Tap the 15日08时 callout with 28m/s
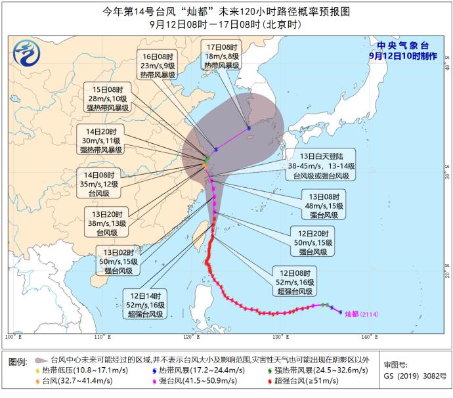coord(113,98)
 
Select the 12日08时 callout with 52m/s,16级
coord(295,281)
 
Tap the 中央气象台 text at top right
coord(402,45)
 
